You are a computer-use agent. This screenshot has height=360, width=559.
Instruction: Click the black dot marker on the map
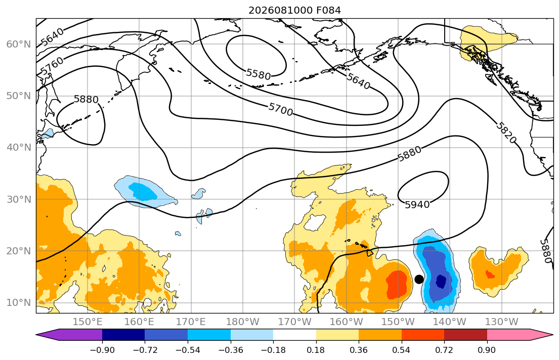(x=419, y=279)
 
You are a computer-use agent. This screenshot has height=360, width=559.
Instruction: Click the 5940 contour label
(x=417, y=205)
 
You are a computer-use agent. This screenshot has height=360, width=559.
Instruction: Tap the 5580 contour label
(x=259, y=74)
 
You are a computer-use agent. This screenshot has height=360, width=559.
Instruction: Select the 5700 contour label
(x=281, y=109)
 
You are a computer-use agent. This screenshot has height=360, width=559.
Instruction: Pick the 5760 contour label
(x=52, y=66)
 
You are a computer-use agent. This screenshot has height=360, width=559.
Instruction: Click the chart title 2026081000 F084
(x=294, y=10)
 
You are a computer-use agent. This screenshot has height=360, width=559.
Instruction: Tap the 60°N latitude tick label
(x=19, y=44)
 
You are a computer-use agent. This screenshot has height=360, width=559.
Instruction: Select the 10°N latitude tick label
(x=19, y=303)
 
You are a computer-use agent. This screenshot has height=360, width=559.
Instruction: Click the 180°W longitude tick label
(x=243, y=322)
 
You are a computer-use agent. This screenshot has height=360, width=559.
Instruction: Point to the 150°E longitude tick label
(x=88, y=322)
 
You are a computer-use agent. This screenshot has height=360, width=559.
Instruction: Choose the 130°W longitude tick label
(x=502, y=322)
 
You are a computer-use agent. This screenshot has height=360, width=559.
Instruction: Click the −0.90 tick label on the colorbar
(x=102, y=350)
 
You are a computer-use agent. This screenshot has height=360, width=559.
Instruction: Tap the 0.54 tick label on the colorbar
(x=402, y=350)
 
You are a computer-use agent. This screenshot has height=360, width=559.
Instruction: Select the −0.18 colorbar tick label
(x=274, y=350)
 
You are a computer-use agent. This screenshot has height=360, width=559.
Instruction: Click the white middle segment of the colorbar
(x=295, y=335)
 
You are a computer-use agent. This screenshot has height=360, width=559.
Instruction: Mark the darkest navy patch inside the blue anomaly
(x=441, y=281)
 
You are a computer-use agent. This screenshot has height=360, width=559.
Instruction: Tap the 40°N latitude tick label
(x=19, y=148)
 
